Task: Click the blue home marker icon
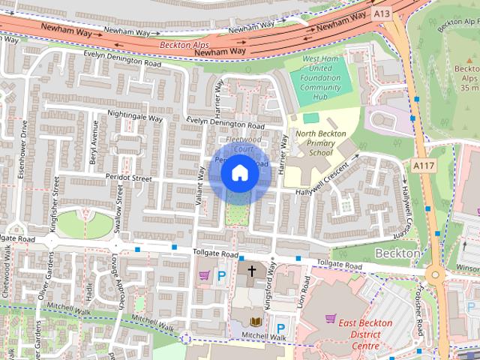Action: pyautogui.click(x=239, y=173)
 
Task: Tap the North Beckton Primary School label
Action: pyautogui.click(x=320, y=143)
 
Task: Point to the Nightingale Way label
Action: pyautogui.click(x=135, y=117)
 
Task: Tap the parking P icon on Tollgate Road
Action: pyautogui.click(x=222, y=276)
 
